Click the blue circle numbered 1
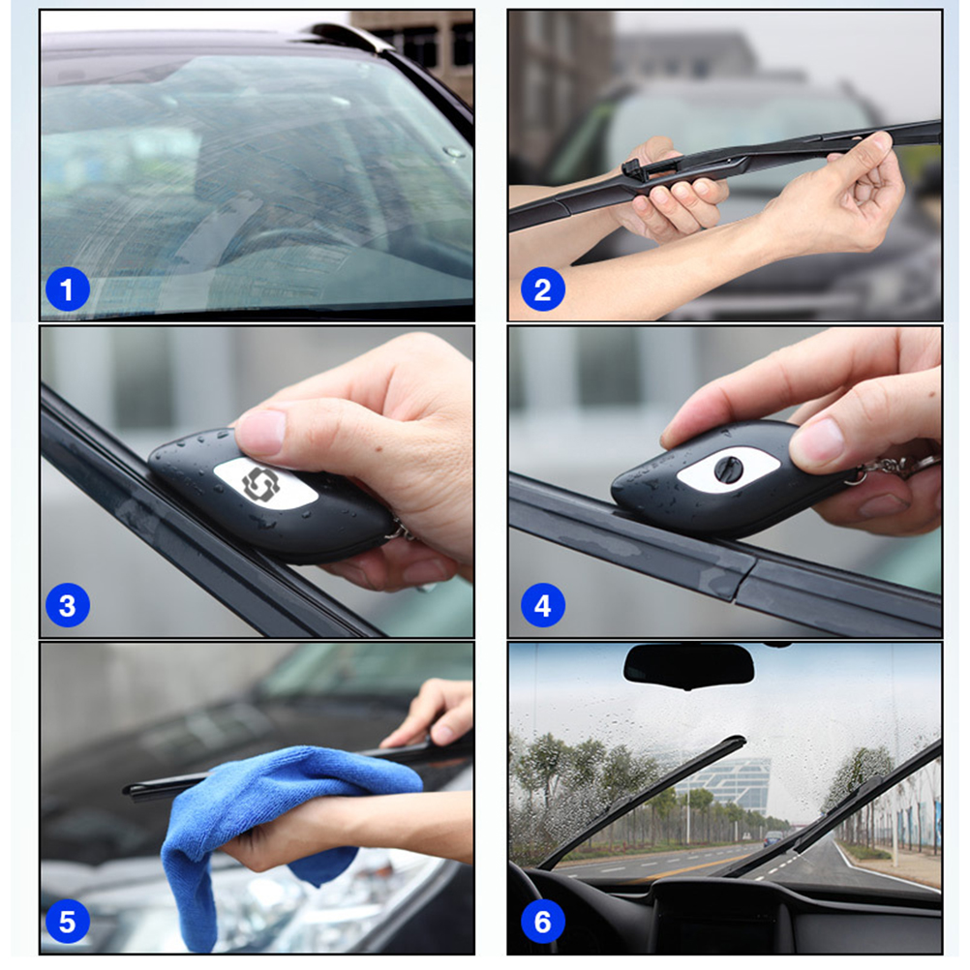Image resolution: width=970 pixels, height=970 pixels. [67, 289]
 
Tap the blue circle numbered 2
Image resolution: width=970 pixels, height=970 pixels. [542, 289]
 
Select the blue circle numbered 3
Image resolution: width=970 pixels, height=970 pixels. [67, 606]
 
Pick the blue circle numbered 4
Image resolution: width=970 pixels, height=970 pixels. [542, 606]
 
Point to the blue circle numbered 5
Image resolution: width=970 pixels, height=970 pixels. [67, 922]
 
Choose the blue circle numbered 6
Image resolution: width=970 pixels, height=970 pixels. [542, 922]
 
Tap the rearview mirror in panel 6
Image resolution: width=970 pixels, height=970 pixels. [689, 665]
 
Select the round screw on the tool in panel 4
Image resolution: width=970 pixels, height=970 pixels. [728, 469]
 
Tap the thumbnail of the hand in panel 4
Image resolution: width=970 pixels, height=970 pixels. [819, 440]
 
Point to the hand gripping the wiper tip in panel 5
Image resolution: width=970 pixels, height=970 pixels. [436, 712]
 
